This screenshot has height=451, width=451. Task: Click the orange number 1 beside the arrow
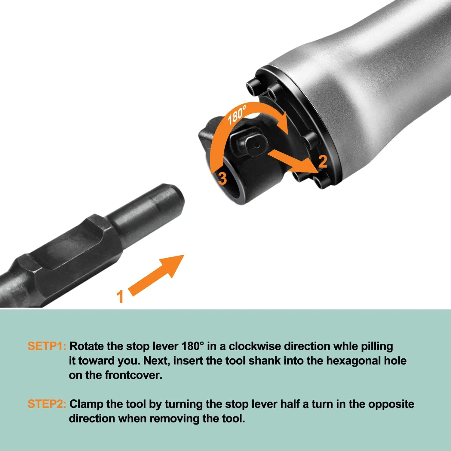pos(120,296)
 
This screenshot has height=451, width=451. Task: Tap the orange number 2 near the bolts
pos(322,161)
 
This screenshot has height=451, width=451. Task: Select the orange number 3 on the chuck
pos(222,178)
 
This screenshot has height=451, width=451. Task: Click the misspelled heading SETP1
pos(47,346)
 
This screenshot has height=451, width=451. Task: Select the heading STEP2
pos(47,404)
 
